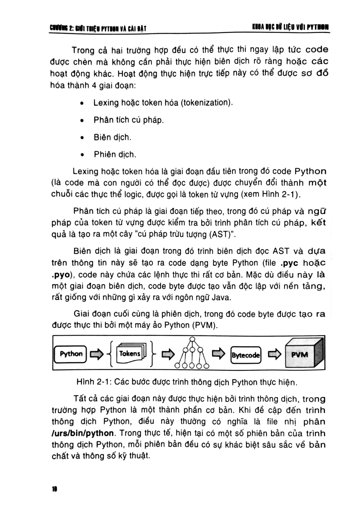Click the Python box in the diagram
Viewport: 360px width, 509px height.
point(71,354)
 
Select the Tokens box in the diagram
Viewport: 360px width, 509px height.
point(130,354)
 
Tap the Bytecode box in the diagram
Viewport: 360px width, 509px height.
point(246,355)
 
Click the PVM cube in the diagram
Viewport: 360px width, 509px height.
point(302,355)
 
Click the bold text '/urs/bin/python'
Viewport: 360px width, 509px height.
point(83,433)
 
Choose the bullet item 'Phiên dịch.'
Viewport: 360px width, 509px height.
point(115,155)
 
